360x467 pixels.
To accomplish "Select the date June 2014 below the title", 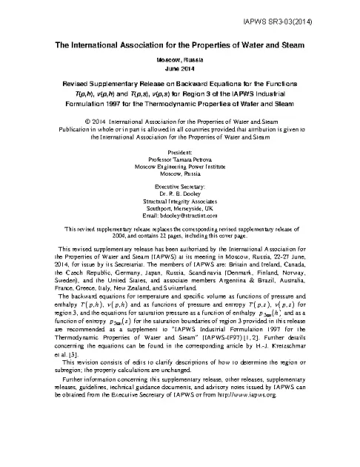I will coord(181,69).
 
